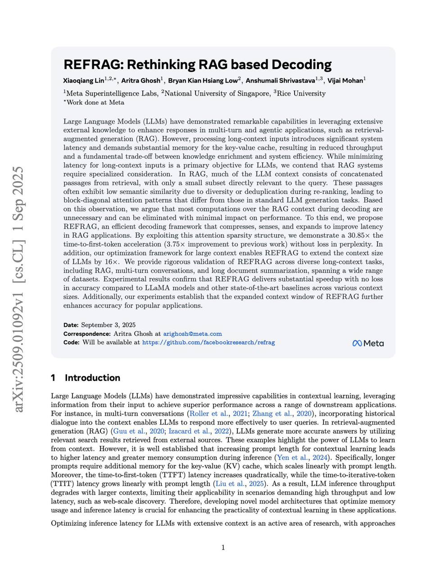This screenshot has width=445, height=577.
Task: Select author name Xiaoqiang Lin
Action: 83,81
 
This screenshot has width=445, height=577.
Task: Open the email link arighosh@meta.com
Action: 192,334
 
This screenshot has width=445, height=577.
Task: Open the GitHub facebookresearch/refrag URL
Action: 208,343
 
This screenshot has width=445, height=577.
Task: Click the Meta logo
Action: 368,343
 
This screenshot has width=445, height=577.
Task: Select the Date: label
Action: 71,325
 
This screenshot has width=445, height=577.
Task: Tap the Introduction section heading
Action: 92,378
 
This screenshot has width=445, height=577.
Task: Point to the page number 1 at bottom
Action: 223,548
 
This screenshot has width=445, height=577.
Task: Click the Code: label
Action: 71,343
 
